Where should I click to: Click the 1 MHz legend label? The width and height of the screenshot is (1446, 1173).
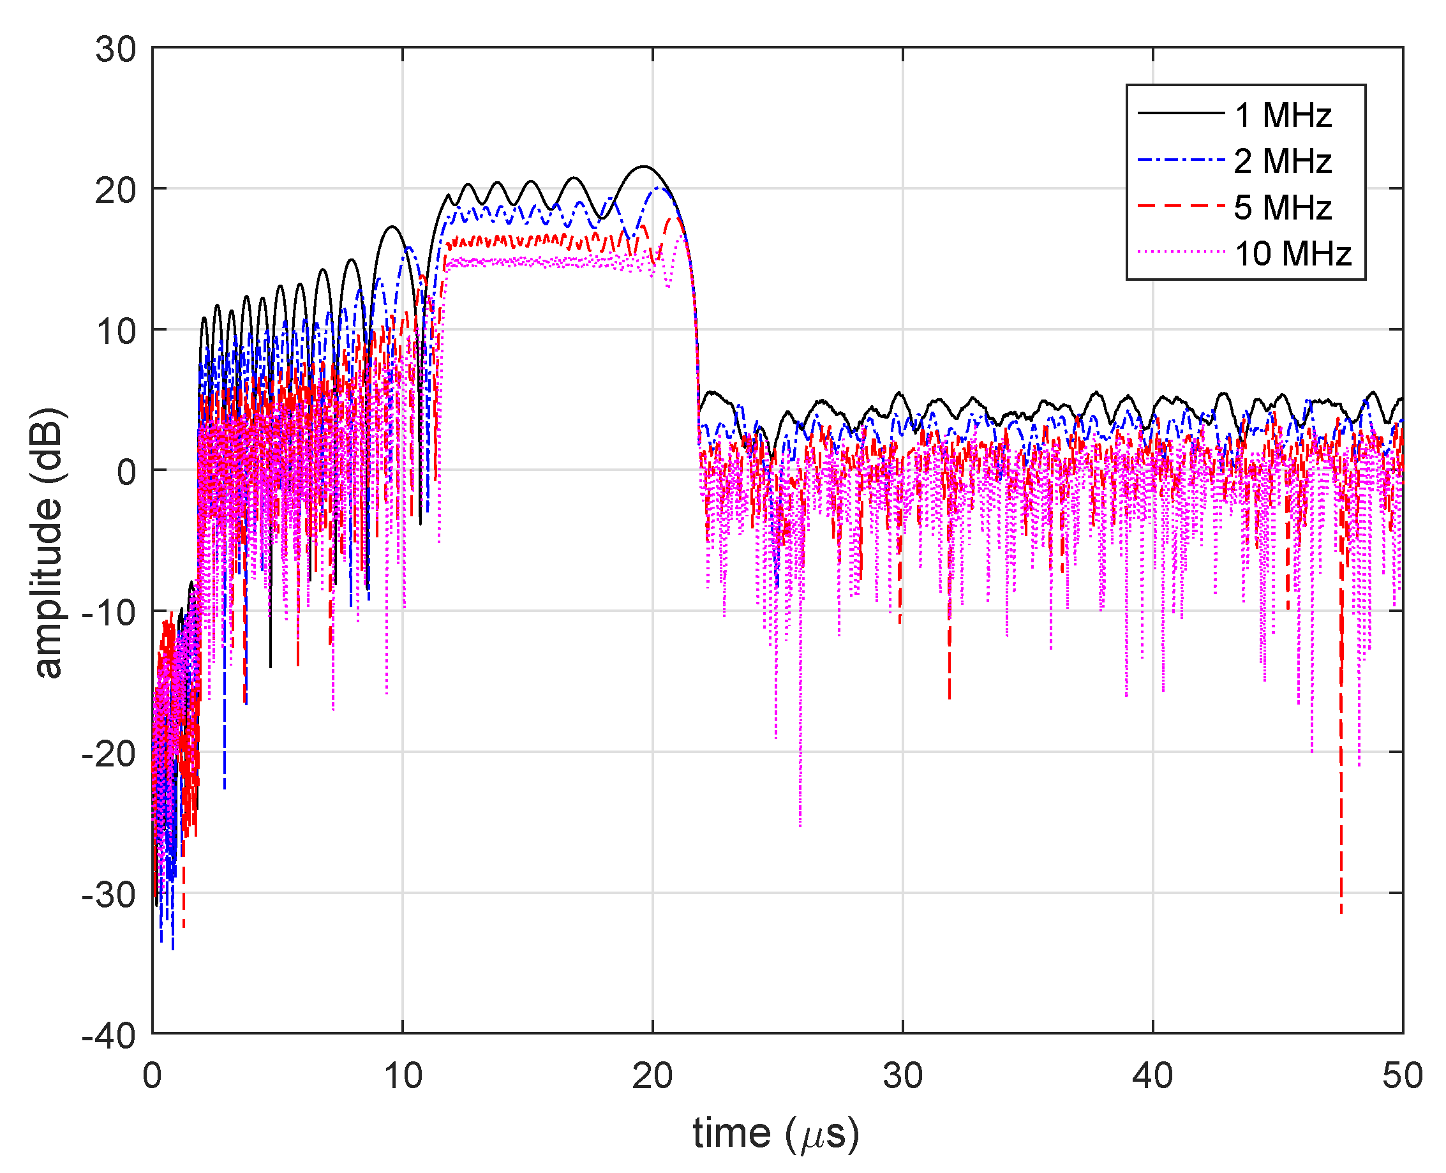pyautogui.click(x=1282, y=115)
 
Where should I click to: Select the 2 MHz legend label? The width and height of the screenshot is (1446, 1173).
pyautogui.click(x=1282, y=161)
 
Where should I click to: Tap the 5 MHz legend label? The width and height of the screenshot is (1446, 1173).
pyautogui.click(x=1282, y=207)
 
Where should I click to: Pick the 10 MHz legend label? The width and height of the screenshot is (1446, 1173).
pyautogui.click(x=1292, y=253)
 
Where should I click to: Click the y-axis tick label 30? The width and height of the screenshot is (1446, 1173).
pyautogui.click(x=116, y=49)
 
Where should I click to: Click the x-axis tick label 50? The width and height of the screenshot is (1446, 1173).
pyautogui.click(x=1402, y=1075)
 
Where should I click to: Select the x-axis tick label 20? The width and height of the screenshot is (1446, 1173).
pyautogui.click(x=652, y=1075)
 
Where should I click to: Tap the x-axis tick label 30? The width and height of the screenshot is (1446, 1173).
pyautogui.click(x=902, y=1075)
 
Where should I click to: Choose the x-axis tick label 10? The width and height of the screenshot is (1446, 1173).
pyautogui.click(x=403, y=1075)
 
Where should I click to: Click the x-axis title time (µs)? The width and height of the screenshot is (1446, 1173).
pyautogui.click(x=776, y=1133)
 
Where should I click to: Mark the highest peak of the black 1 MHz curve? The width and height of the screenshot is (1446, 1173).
pyautogui.click(x=643, y=166)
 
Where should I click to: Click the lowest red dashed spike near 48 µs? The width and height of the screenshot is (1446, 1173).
pyautogui.click(x=1341, y=912)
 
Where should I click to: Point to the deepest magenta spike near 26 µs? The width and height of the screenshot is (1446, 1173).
pyautogui.click(x=800, y=825)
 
